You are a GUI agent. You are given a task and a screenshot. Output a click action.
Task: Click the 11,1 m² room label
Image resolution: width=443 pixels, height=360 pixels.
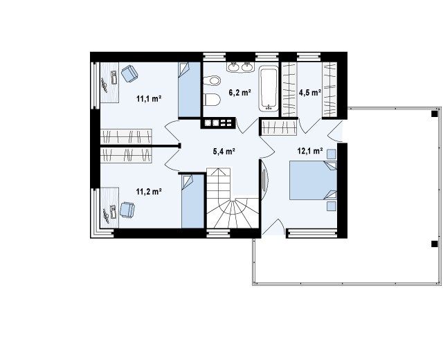click(149, 99)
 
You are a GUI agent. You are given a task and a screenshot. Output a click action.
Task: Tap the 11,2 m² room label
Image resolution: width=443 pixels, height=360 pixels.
click(149, 192)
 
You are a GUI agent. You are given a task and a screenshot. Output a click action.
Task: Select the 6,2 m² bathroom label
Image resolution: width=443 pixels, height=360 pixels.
click(240, 92)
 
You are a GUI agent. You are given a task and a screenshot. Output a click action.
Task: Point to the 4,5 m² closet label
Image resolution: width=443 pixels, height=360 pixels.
click(310, 92)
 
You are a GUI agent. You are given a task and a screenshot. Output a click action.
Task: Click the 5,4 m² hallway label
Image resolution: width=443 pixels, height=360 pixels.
click(224, 152)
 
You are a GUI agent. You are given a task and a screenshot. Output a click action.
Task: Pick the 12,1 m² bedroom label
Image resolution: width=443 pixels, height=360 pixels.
click(310, 151)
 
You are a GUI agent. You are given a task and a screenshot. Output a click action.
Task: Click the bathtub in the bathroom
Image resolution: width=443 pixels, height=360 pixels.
click(268, 89)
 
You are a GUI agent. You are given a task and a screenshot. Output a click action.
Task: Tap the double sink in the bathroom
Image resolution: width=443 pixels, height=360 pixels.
click(240, 67)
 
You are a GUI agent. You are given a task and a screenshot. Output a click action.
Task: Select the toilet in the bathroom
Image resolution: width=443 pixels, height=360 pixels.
click(212, 100)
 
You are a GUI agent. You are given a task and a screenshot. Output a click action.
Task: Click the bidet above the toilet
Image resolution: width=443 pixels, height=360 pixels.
click(212, 80)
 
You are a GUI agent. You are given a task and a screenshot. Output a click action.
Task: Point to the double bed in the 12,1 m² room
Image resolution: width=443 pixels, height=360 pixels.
click(313, 180)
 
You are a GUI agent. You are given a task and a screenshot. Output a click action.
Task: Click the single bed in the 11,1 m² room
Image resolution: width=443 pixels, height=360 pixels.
click(189, 89)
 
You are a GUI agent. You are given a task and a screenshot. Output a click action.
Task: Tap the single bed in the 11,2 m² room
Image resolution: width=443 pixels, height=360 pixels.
click(192, 201)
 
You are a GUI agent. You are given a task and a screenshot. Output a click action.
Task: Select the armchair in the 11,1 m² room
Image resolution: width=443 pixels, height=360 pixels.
click(129, 73)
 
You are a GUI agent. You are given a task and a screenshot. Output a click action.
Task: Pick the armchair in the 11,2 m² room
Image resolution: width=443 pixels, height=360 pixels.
click(127, 210)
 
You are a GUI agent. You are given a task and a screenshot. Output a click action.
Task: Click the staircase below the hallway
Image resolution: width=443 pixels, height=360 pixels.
click(233, 198)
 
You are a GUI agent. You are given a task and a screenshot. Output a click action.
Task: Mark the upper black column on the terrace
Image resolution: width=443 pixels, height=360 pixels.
click(434, 114)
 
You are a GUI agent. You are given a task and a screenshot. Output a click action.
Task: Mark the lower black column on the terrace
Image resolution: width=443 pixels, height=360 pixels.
click(434, 244)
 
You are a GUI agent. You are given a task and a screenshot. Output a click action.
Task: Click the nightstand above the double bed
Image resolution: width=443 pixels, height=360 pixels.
click(332, 154)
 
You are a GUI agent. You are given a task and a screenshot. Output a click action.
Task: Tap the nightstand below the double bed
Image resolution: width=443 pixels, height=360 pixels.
click(332, 206)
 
